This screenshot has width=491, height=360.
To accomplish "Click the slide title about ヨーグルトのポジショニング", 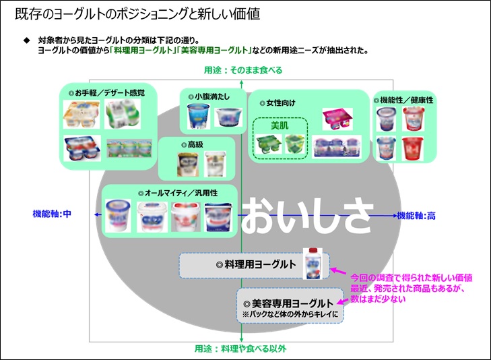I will point(137,13).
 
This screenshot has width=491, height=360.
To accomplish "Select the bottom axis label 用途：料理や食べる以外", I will point(240,348).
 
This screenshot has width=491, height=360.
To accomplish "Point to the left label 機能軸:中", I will point(52,214).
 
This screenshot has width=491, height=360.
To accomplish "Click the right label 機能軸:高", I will point(416,216).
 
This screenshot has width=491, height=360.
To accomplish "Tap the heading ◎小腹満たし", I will point(207,96).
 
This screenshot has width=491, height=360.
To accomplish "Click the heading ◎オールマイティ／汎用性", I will point(169,192).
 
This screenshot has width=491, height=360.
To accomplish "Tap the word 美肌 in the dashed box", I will point(280,125).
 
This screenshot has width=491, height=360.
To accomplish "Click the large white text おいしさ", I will point(306,216).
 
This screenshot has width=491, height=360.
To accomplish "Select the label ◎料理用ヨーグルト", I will point(251,264).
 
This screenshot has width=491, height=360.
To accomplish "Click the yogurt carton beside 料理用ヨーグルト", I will point(315,262).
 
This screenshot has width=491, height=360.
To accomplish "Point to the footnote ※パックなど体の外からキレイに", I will point(290,314).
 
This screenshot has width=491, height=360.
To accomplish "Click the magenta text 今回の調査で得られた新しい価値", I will point(411,278).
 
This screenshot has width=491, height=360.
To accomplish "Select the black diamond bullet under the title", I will point(27,40).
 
